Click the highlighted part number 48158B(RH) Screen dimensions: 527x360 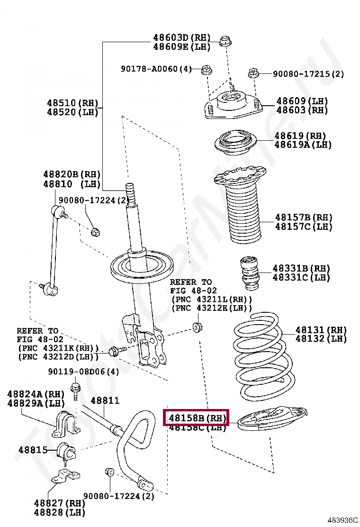coord(196,418)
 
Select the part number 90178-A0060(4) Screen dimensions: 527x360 coord(156,69)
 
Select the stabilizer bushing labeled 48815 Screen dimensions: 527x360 coord(67,451)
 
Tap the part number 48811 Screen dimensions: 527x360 coord(105,400)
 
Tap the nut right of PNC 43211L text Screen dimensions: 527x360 coord(198,327)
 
